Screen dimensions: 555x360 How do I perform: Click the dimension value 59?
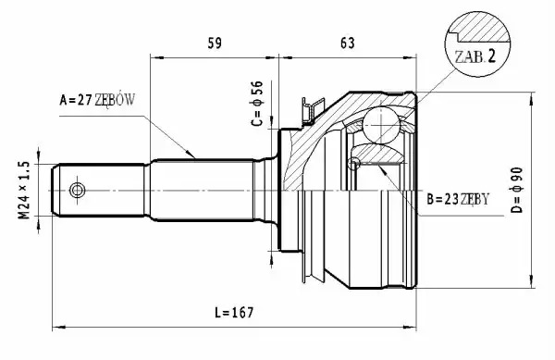coord(215,43)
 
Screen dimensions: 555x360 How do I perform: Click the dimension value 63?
coord(347,43)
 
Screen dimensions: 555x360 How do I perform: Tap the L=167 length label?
coord(234,312)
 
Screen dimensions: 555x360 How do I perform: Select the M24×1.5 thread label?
coord(24,190)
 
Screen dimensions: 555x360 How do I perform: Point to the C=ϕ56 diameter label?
coord(257,104)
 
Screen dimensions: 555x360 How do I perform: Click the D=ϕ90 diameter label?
coord(517,190)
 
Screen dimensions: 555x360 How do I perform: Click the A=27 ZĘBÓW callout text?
coord(97,100)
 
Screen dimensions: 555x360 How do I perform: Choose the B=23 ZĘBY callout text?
coord(458,200)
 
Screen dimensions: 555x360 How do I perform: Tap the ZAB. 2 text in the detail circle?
coord(475,56)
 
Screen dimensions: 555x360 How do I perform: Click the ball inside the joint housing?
coord(381,126)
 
